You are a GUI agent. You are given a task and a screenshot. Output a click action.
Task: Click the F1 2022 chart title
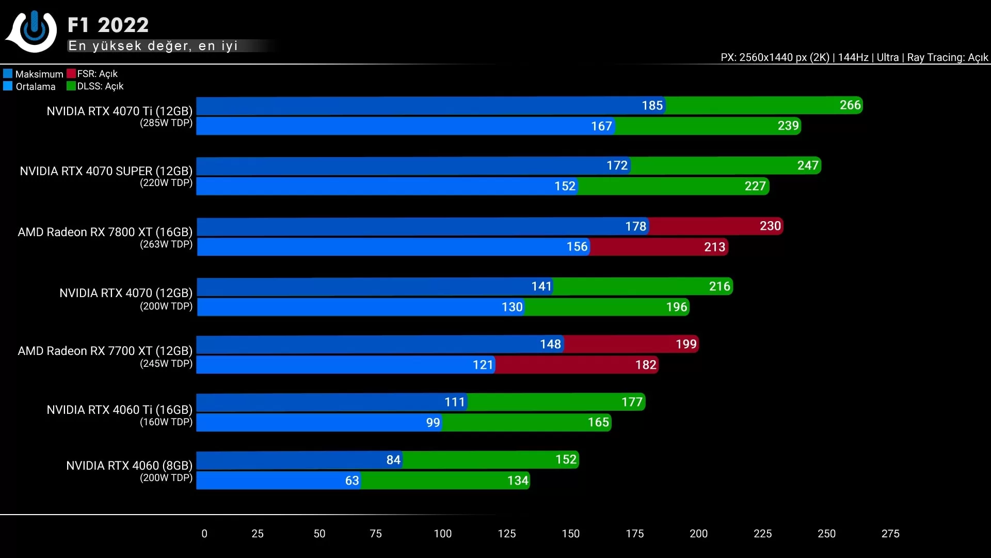(108, 25)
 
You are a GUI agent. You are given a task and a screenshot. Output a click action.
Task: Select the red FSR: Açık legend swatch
(71, 73)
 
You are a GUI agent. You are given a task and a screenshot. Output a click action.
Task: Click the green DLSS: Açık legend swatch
(71, 86)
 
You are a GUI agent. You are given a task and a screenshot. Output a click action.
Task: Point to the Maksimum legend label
(39, 74)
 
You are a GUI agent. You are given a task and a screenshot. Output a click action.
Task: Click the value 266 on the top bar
(850, 105)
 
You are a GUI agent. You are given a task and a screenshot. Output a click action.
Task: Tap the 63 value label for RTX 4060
(351, 481)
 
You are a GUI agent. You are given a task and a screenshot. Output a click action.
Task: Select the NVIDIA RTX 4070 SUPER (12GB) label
(106, 171)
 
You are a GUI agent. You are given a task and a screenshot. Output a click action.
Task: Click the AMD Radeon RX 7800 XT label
(105, 232)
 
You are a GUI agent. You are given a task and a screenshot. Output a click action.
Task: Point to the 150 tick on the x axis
(570, 534)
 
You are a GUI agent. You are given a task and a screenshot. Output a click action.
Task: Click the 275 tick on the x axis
(890, 534)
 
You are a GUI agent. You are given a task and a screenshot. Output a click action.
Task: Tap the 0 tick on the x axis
(204, 534)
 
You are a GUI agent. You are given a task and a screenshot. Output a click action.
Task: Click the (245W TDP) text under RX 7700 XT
(166, 364)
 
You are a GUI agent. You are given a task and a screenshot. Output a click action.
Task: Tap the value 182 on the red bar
(645, 365)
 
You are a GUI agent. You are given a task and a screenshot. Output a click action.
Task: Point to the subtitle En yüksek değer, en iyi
(153, 46)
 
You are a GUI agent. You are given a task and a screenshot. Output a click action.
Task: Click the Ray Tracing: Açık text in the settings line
(947, 57)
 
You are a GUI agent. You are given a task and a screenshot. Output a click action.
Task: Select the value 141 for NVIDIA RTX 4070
(541, 286)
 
